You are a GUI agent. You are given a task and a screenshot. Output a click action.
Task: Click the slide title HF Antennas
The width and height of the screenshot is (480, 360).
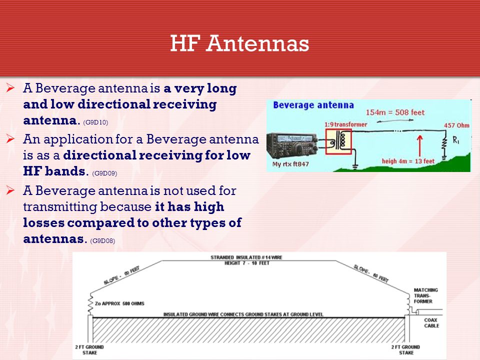tap(239, 43)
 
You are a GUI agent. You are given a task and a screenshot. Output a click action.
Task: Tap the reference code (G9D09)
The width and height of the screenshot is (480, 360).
tap(104, 173)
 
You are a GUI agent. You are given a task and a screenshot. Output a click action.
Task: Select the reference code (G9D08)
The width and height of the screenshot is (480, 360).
tap(102, 241)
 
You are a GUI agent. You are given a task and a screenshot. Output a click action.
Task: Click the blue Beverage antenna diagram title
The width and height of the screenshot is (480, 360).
tap(313, 105)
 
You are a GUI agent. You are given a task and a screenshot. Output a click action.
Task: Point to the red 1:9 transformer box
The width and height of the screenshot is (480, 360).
tap(338, 141)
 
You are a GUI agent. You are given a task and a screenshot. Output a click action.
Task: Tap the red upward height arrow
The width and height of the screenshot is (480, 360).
tap(419, 145)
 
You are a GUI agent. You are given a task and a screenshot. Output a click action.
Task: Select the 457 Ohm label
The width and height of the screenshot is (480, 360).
tap(456, 125)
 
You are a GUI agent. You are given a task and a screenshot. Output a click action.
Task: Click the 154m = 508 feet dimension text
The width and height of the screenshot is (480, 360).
tap(395, 112)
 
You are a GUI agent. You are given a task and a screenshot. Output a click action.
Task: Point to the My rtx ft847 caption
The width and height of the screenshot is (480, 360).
tap(290, 164)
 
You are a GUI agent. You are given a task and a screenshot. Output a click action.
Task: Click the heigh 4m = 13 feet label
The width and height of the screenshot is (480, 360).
tap(408, 161)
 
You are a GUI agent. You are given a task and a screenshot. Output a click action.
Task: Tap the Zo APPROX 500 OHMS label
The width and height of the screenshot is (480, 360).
tap(119, 303)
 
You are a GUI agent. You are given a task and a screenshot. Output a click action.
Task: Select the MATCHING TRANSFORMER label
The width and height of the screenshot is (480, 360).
tap(425, 295)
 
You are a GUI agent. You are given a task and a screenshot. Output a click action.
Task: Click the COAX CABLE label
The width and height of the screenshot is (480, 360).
tap(431, 323)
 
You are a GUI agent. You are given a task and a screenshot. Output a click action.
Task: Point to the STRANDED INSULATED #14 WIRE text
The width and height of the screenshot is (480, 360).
tap(246, 257)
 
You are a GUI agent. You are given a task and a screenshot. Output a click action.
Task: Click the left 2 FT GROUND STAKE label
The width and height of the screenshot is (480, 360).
tap(89, 350)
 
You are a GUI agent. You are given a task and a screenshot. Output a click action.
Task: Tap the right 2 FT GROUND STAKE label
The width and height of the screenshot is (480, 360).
tap(405, 350)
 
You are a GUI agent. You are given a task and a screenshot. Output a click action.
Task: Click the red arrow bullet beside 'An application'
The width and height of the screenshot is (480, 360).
tap(10, 139)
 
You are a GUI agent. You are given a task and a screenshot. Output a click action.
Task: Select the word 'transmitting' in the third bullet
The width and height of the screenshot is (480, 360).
tap(60, 207)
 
